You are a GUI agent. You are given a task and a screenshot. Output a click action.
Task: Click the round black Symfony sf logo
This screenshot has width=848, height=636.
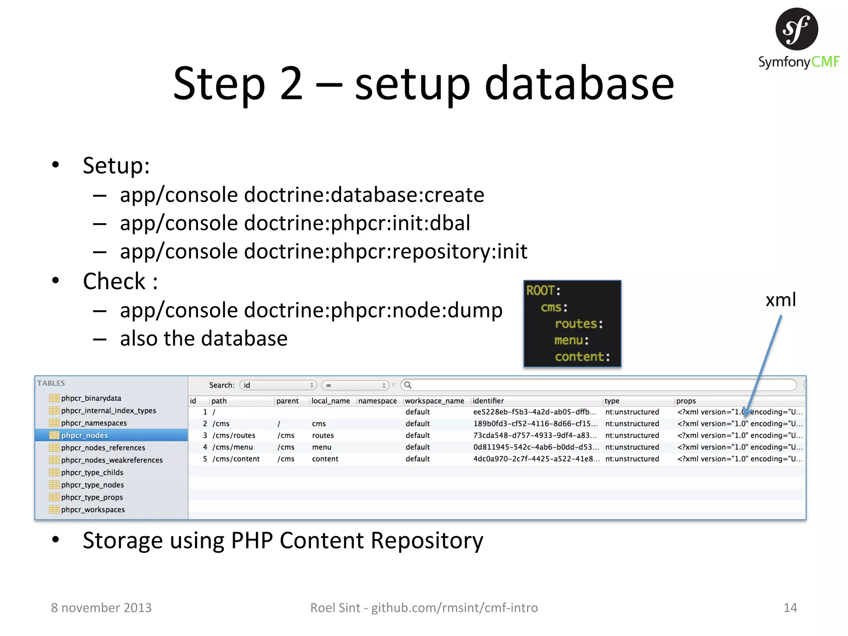(796, 29)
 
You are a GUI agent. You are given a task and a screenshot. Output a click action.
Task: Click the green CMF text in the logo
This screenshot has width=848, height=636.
(825, 62)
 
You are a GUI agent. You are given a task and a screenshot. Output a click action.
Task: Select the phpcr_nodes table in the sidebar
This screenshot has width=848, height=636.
(84, 435)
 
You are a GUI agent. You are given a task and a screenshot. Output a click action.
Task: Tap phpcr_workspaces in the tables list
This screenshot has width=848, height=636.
(93, 510)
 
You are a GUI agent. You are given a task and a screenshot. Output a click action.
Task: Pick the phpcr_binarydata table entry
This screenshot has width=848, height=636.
(91, 398)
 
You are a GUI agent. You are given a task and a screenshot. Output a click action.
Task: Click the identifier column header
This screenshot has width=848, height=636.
(488, 401)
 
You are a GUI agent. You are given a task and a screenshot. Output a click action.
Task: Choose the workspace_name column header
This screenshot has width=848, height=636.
(434, 401)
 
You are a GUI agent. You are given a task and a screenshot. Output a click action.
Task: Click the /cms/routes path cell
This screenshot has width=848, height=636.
(234, 436)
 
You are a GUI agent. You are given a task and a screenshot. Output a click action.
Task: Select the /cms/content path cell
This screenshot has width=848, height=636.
(236, 459)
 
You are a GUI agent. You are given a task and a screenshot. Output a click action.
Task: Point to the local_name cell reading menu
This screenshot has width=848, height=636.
(322, 447)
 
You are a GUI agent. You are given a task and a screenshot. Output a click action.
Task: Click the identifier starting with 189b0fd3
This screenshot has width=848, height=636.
(535, 424)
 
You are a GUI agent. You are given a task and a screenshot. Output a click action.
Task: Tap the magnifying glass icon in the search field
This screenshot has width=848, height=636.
(408, 385)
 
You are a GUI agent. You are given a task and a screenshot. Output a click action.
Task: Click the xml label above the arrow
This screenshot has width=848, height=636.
(781, 300)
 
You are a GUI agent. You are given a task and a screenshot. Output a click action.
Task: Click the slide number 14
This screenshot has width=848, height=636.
(790, 607)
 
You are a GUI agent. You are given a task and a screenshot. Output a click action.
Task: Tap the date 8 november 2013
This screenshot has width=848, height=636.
(101, 607)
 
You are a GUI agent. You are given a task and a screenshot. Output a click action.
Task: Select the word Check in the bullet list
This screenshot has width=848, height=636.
(114, 282)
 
